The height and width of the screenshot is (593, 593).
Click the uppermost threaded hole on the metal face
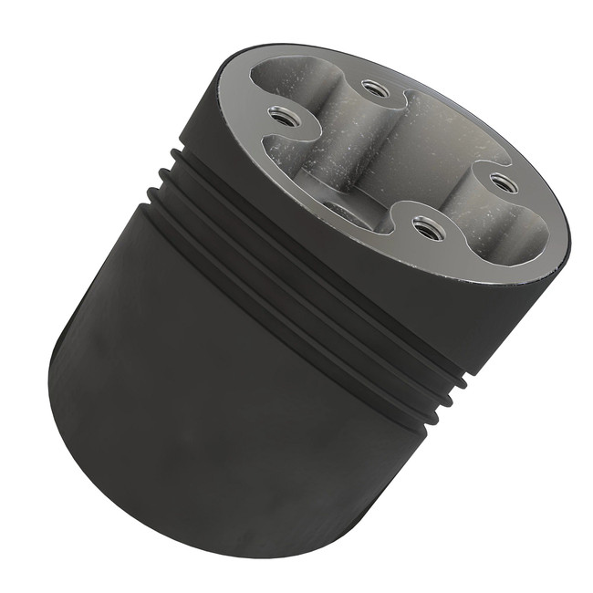pos(375,88)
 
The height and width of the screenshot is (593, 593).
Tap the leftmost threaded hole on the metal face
pos(282,116)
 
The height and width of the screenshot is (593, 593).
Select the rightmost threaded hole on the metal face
pos(504,183)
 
